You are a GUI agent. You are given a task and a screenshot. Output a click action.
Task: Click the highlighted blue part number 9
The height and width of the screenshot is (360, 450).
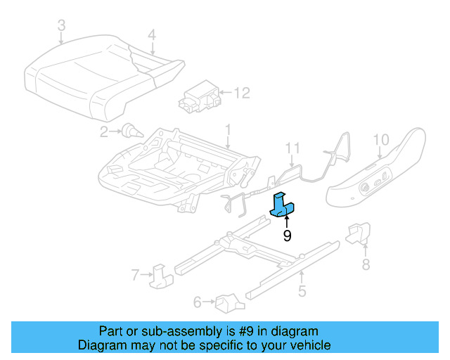pos(283,205)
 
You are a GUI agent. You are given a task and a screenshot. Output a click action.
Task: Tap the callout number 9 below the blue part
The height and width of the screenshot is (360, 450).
pos(287,236)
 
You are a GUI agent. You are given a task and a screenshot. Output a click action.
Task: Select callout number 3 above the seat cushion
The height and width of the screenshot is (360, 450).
pos(61,26)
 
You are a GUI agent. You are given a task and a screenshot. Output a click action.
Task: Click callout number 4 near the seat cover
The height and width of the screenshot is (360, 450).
pos(152,34)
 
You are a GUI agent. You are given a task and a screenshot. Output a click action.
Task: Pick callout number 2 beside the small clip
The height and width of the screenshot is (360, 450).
pos(103,131)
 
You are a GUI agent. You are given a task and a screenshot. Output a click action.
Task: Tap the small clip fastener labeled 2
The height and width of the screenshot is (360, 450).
pos(130,130)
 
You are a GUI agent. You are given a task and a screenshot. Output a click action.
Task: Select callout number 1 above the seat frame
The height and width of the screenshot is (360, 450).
pos(228,129)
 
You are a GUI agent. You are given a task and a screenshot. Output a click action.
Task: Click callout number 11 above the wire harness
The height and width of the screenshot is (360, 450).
pos(292,148)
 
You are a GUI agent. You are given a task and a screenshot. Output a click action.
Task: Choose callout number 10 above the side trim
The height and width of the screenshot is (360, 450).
pos(380,139)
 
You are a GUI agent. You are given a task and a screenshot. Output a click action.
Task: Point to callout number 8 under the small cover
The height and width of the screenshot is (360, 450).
pos(366,264)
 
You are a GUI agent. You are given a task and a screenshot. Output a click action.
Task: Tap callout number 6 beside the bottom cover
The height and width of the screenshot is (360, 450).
pos(198,302)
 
